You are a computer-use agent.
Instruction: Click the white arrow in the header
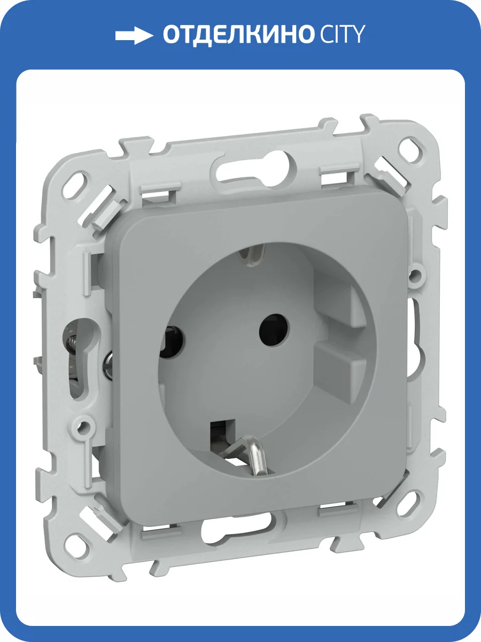click(x=134, y=36)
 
